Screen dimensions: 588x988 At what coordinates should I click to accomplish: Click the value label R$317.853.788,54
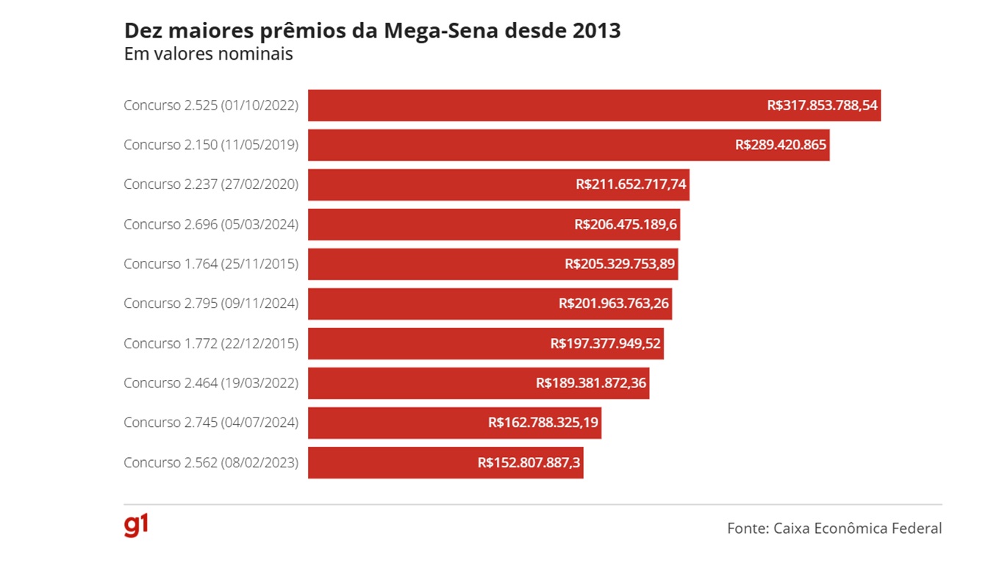(x=822, y=105)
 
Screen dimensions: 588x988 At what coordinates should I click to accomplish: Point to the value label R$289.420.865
(x=781, y=145)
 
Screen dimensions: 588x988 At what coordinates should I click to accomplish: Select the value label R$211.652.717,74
(x=631, y=184)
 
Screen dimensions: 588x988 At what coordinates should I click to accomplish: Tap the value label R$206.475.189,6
(x=626, y=224)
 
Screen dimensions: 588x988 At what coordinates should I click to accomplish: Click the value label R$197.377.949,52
(x=606, y=343)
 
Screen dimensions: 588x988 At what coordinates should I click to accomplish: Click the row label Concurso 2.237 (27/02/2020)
(x=211, y=184)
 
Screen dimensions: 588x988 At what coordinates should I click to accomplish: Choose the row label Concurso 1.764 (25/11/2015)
(x=211, y=264)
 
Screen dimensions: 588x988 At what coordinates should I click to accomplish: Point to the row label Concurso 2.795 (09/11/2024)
(x=211, y=304)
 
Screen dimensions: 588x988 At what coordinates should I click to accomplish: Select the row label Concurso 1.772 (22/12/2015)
(x=211, y=343)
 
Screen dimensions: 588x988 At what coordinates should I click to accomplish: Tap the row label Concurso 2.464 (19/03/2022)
(x=211, y=383)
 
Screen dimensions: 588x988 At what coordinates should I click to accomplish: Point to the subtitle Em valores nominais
(x=209, y=54)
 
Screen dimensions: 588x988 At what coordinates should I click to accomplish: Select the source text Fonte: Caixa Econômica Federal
(x=834, y=528)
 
